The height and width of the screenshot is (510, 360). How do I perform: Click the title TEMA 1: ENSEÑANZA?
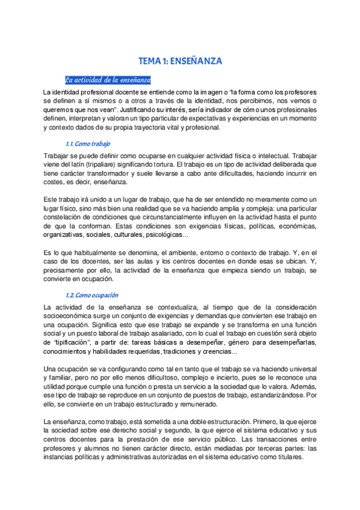[x=180, y=61]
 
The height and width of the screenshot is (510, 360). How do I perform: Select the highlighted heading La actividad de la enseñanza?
[x=108, y=79]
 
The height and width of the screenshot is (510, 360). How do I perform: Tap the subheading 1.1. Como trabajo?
[x=88, y=144]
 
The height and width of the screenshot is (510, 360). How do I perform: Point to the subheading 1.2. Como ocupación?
[x=91, y=295]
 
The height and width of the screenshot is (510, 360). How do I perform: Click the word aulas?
[x=150, y=262]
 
